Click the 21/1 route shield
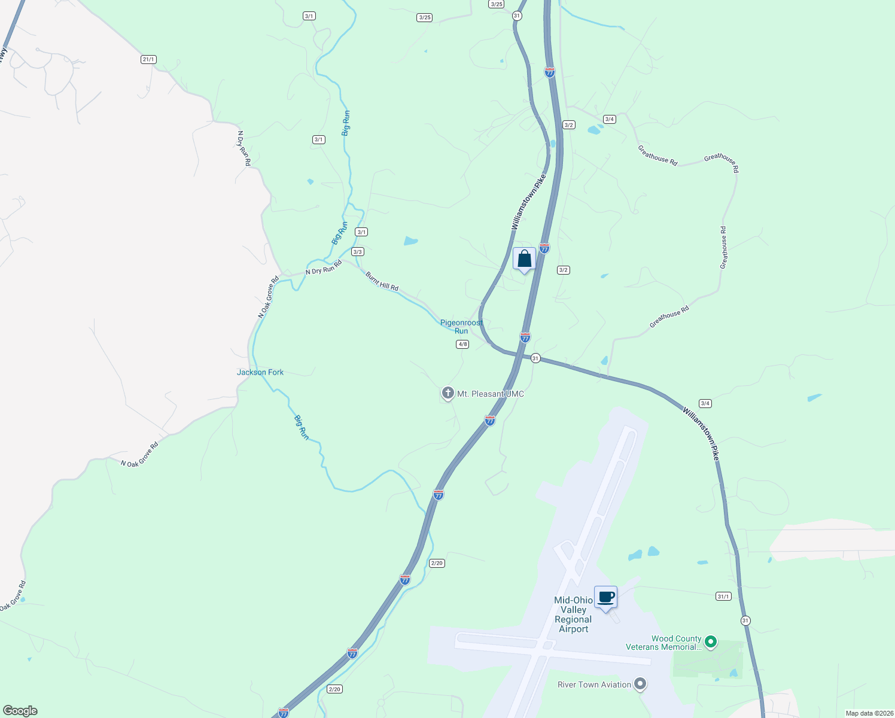(148, 59)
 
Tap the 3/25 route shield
(496, 4)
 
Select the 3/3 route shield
(358, 252)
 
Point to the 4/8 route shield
(462, 344)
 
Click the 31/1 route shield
(723, 596)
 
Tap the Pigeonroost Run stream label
(461, 327)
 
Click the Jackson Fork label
(260, 372)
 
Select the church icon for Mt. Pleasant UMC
(447, 393)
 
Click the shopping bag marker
(524, 259)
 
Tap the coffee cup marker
(605, 597)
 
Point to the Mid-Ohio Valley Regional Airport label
(573, 614)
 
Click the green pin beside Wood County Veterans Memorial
(711, 642)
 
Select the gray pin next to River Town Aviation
(640, 683)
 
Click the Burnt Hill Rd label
(382, 281)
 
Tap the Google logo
(20, 711)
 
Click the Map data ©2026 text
(868, 713)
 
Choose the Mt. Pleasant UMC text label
(491, 394)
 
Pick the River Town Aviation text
(594, 684)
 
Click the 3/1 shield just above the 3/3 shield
(361, 232)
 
